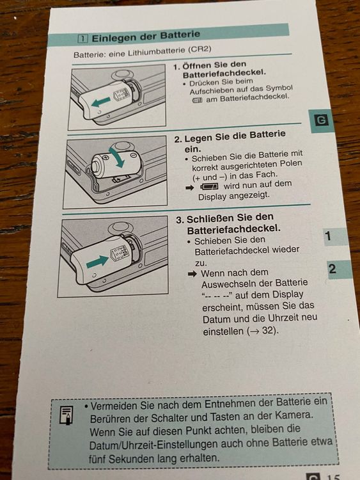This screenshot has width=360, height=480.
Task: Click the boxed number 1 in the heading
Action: [x=82, y=39]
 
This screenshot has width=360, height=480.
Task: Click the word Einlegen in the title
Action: [x=114, y=38]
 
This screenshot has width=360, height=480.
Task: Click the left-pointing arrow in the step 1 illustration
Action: [x=101, y=102]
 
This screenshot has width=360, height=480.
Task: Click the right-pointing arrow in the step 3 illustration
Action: [x=97, y=262]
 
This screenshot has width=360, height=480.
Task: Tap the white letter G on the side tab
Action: [x=321, y=120]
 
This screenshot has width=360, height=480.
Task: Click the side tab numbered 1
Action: [x=334, y=237]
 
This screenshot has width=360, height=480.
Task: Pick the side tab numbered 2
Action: [x=338, y=269]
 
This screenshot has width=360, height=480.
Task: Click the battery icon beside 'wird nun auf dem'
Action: [x=209, y=186]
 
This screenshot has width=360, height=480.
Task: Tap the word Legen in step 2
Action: [x=198, y=138]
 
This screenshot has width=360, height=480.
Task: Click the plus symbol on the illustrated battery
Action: [x=106, y=157]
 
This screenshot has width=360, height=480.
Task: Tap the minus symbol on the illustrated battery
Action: [x=133, y=156]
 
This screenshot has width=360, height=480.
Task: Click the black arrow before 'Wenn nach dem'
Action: [x=192, y=274]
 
